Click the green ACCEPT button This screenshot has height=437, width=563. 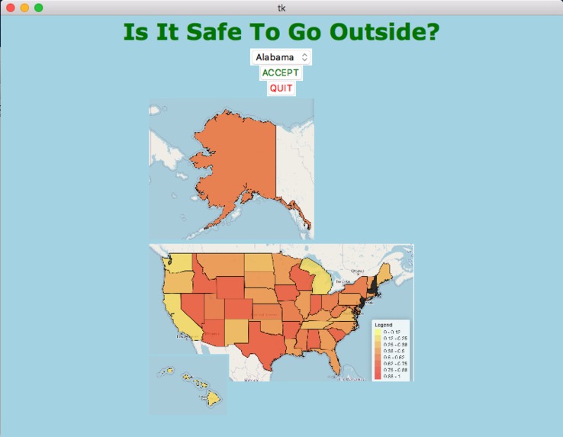coord(281,73)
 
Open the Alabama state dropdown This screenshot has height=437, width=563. coord(281,57)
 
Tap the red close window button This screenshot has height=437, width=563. coord(11,8)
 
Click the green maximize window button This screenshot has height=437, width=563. coord(38,8)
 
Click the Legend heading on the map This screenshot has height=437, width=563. coord(383,325)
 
